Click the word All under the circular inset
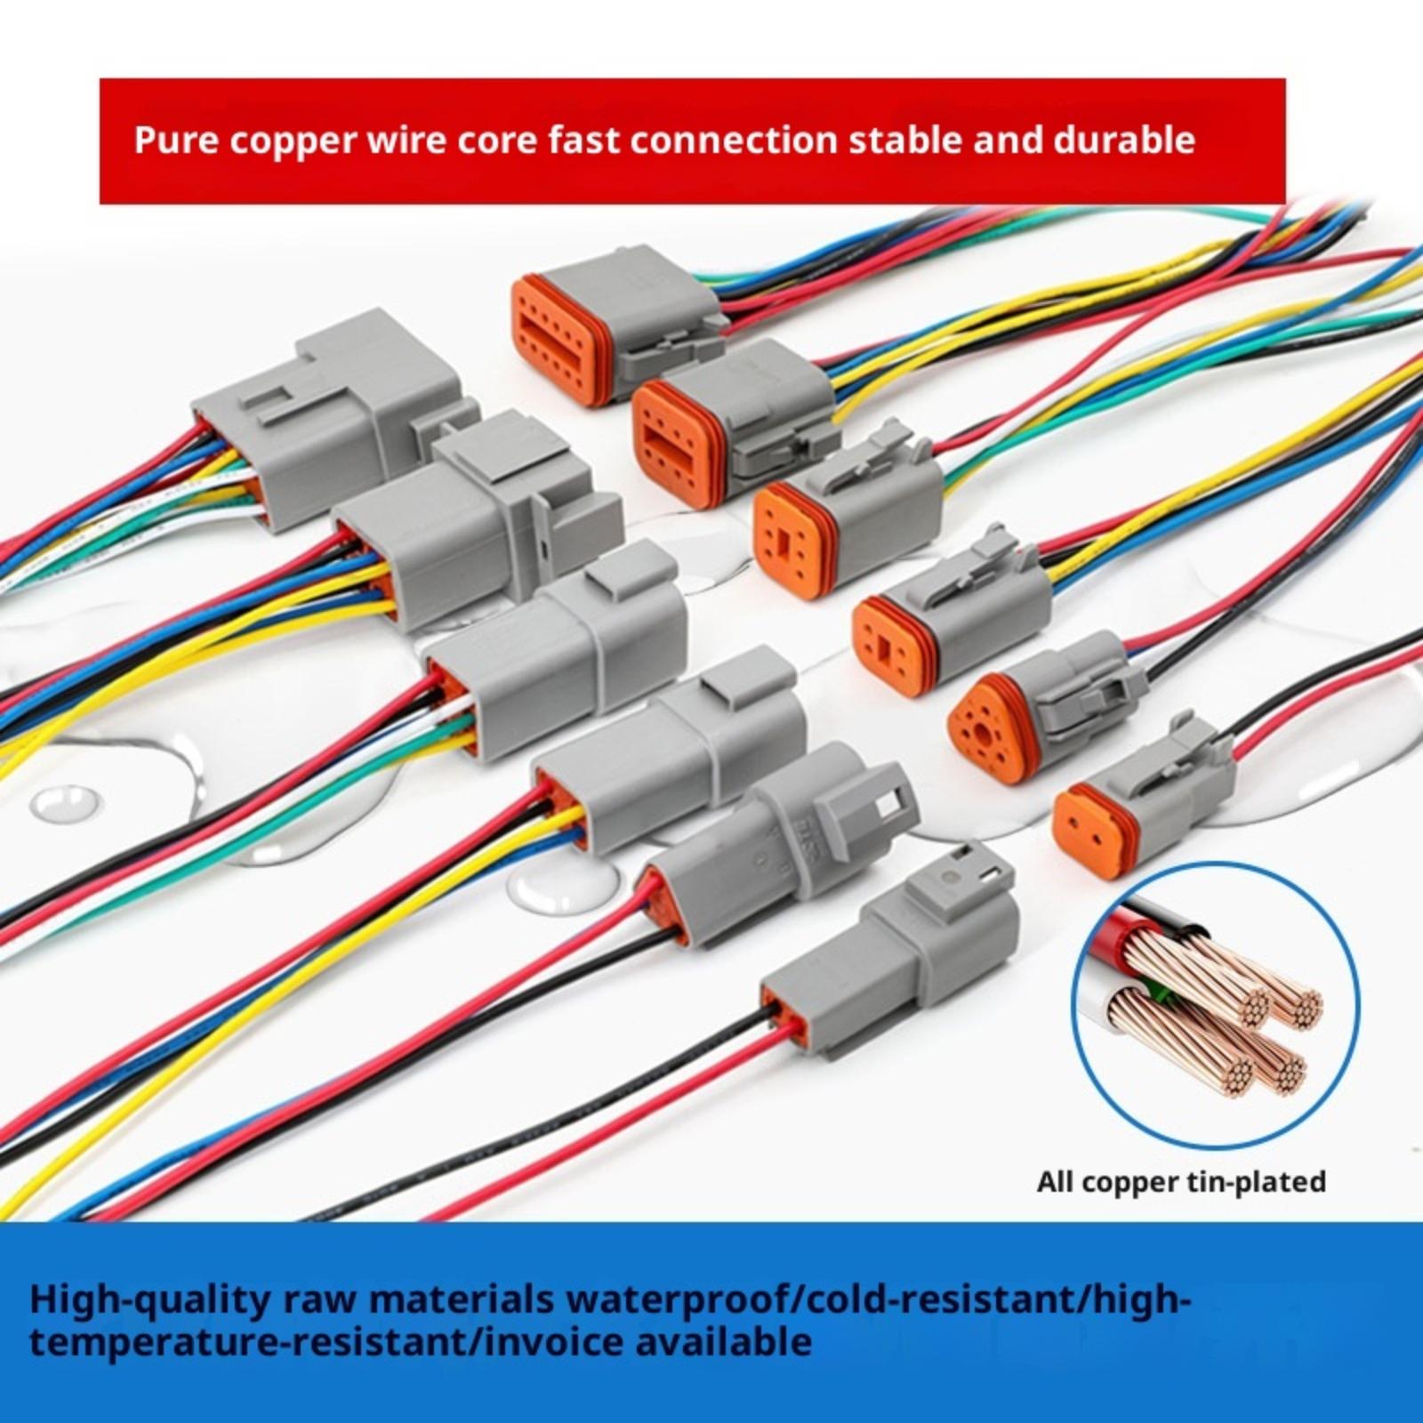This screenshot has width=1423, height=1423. [1057, 1182]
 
